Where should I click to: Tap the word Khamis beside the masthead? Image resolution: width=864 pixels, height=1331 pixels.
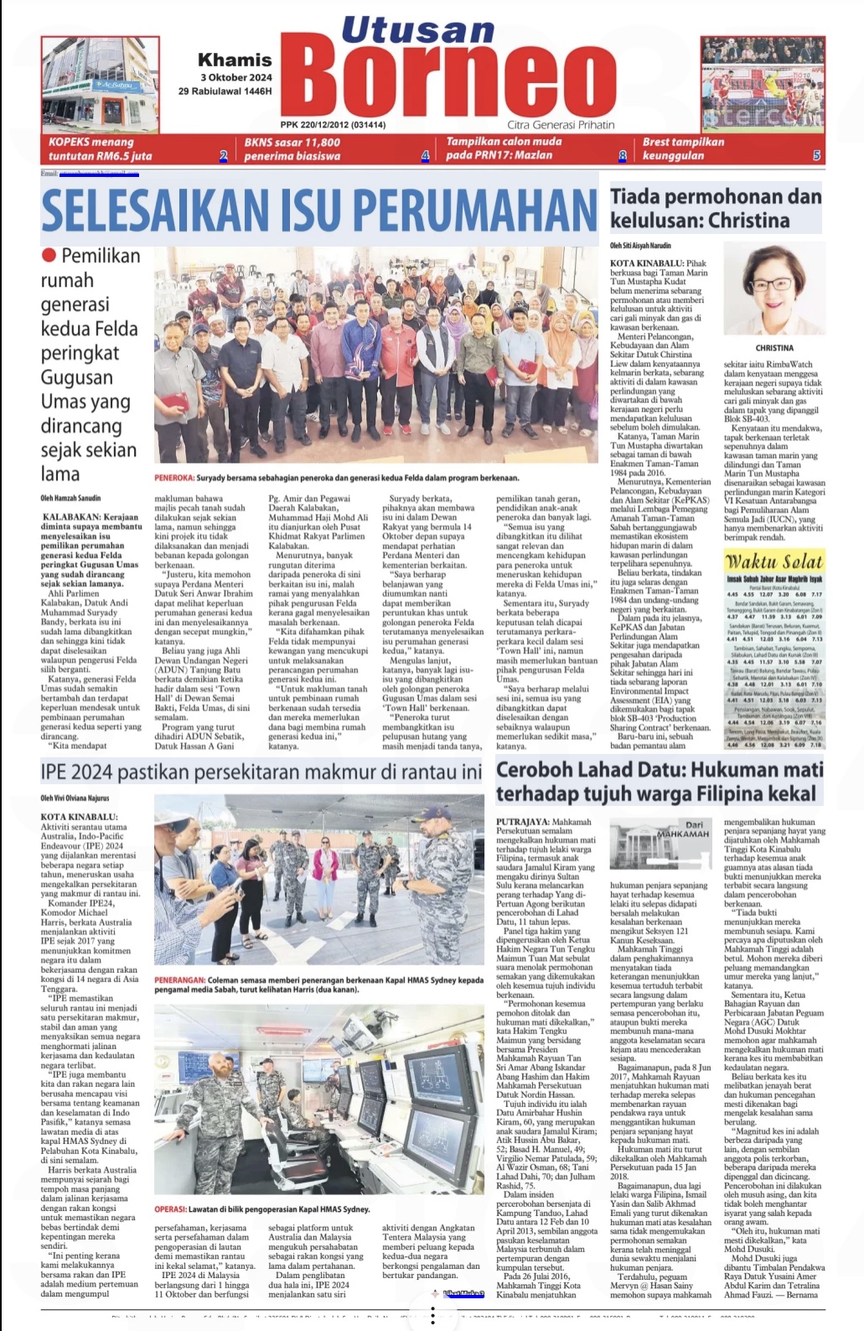(x=235, y=60)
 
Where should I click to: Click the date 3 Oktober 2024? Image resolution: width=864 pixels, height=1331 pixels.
(x=235, y=77)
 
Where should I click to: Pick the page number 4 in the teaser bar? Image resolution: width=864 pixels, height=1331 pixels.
(x=425, y=155)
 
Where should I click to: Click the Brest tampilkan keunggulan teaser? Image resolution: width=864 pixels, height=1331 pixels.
(x=683, y=148)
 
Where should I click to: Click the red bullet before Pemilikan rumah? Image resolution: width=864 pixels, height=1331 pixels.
(x=49, y=255)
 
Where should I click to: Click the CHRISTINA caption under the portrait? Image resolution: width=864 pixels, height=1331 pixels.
(x=773, y=348)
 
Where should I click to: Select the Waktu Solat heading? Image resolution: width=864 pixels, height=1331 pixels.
(x=773, y=561)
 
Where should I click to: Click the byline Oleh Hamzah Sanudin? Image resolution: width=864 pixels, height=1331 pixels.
(x=70, y=498)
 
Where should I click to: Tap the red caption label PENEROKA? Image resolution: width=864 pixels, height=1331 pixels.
(x=174, y=478)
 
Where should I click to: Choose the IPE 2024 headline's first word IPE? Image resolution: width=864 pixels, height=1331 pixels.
(x=59, y=772)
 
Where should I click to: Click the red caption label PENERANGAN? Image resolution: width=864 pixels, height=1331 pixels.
(x=179, y=980)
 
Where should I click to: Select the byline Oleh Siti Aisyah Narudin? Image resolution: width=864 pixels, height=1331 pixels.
(x=640, y=246)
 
